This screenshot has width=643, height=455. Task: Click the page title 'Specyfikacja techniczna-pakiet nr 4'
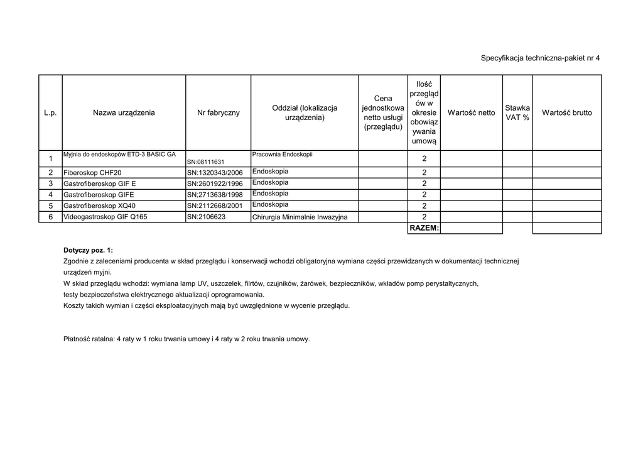coord(540,58)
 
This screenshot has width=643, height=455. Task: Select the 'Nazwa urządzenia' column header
coord(124,113)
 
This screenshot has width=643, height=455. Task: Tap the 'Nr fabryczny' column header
coord(218,113)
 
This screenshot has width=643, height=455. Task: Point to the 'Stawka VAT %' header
coord(517,113)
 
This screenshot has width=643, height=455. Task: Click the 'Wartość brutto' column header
coord(566,113)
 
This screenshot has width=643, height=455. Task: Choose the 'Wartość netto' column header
coord(471,113)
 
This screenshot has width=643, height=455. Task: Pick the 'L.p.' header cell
coord(50,113)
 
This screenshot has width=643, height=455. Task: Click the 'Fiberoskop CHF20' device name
coord(92,173)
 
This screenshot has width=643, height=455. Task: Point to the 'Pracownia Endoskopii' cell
coord(282,154)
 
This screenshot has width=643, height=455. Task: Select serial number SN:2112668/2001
coord(215,206)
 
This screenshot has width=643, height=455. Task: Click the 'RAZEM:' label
coord(424,227)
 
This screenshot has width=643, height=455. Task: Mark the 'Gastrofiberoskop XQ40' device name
coord(99,206)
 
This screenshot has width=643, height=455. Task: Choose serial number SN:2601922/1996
coord(215,184)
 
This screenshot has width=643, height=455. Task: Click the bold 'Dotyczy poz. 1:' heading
coord(89,250)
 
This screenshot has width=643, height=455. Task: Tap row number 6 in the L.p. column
coord(50,217)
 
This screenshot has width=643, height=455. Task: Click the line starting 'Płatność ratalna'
coord(186,339)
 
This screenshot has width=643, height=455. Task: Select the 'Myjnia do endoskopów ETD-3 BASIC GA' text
coord(119,154)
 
